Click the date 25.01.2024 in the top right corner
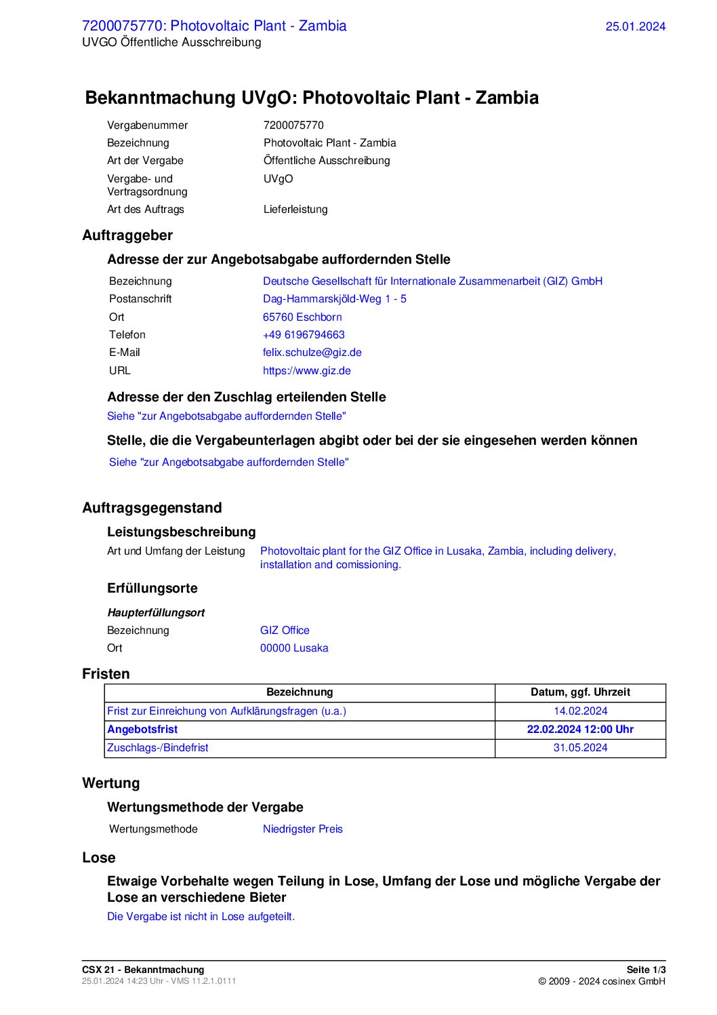pos(635,26)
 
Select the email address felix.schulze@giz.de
pos(312,353)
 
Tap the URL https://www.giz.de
pos(306,371)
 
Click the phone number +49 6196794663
pos(304,335)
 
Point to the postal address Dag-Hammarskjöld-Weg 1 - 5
pos(334,299)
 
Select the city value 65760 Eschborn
pos(302,317)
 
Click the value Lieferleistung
pos(295,210)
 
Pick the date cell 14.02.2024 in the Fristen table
pos(580,711)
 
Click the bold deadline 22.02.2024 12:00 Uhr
pos(580,730)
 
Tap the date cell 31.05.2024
pos(580,748)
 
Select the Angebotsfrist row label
pos(142,730)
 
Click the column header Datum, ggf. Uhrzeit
pos(580,692)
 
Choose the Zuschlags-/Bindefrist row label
pos(157,748)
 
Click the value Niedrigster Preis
pos(302,829)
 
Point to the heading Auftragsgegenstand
pos(152,508)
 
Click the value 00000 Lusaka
pos(294,648)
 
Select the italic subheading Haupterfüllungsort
pos(156,613)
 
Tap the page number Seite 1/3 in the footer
pos(646,970)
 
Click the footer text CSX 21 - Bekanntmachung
pos(143,970)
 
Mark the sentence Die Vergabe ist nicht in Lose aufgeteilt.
pos(201,917)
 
